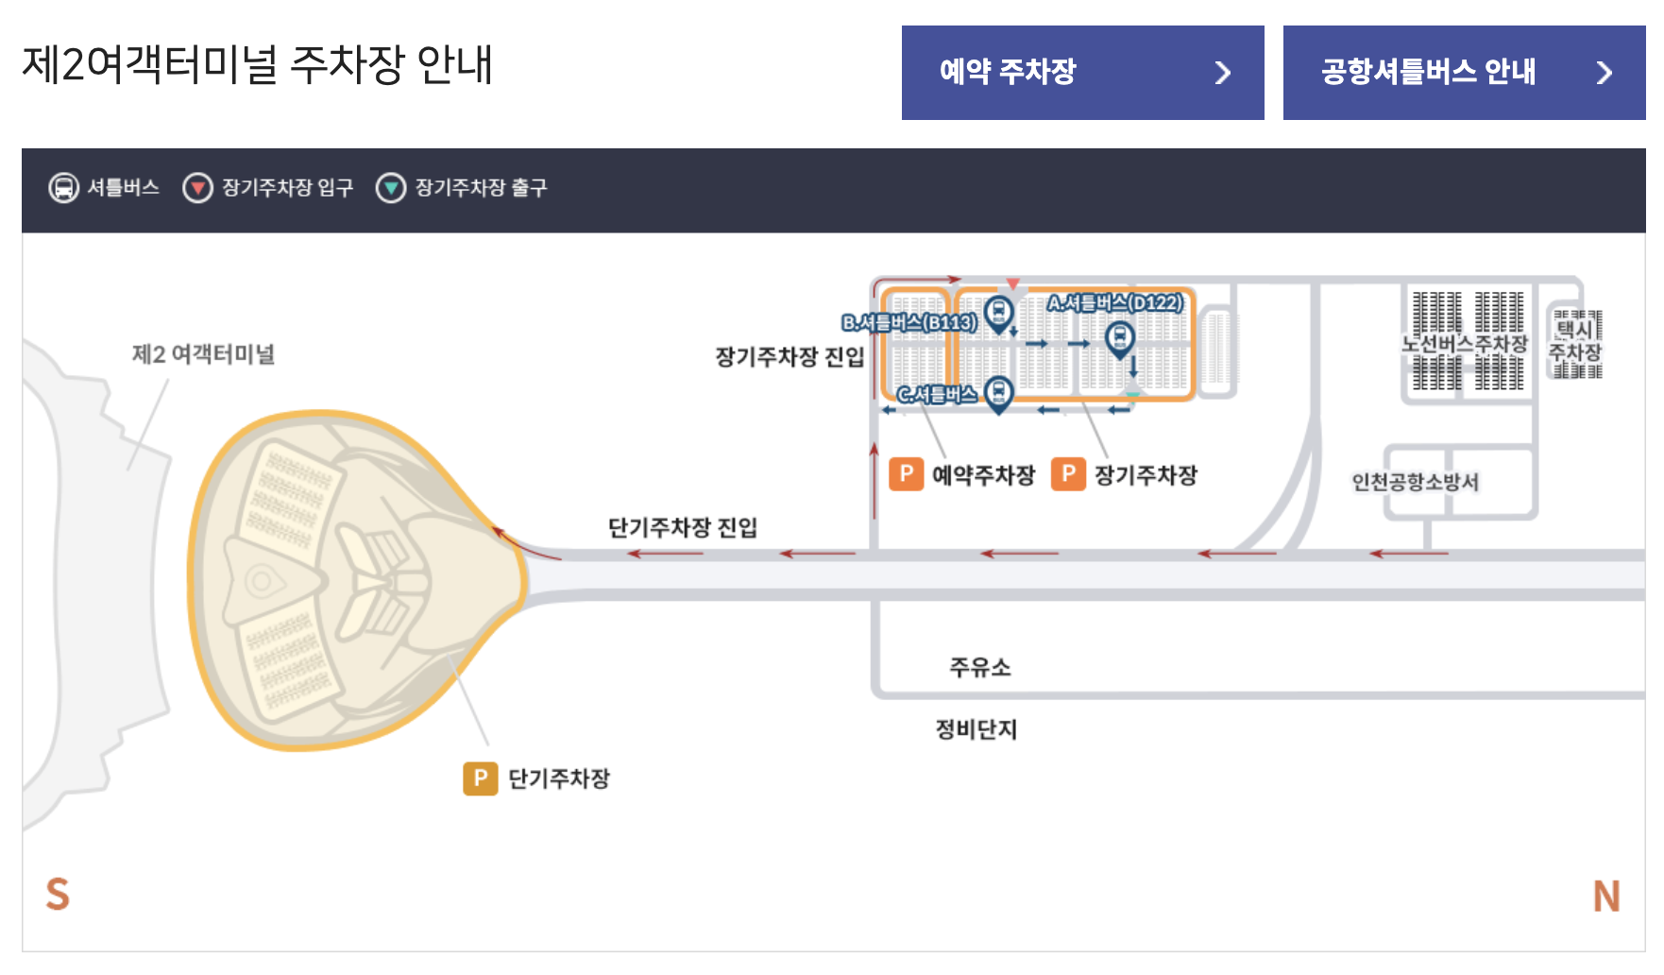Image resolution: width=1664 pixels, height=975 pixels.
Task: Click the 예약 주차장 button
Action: coord(1082,73)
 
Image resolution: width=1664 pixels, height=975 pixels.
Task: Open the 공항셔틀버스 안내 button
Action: coord(1464,73)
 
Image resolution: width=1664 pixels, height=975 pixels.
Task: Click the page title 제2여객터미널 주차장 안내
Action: coord(257,65)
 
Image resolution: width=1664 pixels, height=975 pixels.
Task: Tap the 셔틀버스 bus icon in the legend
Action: coord(63,188)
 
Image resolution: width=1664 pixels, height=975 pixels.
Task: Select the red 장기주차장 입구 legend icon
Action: coord(197,188)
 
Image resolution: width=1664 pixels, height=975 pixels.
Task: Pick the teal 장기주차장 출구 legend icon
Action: coord(391,188)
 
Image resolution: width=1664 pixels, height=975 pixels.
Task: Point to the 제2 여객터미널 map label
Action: coord(203,354)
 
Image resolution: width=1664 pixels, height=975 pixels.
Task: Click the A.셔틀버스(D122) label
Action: coord(1114,303)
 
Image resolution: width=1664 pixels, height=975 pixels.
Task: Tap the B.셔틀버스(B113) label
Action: coord(908,323)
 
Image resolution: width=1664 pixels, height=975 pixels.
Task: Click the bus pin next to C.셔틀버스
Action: coord(998,392)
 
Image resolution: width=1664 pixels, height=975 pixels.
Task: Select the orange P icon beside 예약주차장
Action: coord(906,474)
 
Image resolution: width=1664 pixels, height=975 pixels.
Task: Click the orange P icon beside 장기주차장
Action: coord(1068,474)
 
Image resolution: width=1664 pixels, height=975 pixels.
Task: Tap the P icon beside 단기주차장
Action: coord(480,778)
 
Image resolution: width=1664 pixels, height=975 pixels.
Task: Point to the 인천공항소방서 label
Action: coord(1415,482)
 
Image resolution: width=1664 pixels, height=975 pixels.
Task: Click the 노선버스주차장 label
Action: coord(1464,344)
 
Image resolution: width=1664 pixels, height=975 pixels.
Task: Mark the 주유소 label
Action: coord(979,667)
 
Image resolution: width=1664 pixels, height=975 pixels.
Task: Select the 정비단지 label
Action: coord(976,729)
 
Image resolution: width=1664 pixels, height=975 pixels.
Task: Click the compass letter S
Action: coord(58,894)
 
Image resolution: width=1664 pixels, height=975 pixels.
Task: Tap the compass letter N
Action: coord(1605,896)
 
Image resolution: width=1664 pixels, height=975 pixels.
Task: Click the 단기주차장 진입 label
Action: coord(682,527)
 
